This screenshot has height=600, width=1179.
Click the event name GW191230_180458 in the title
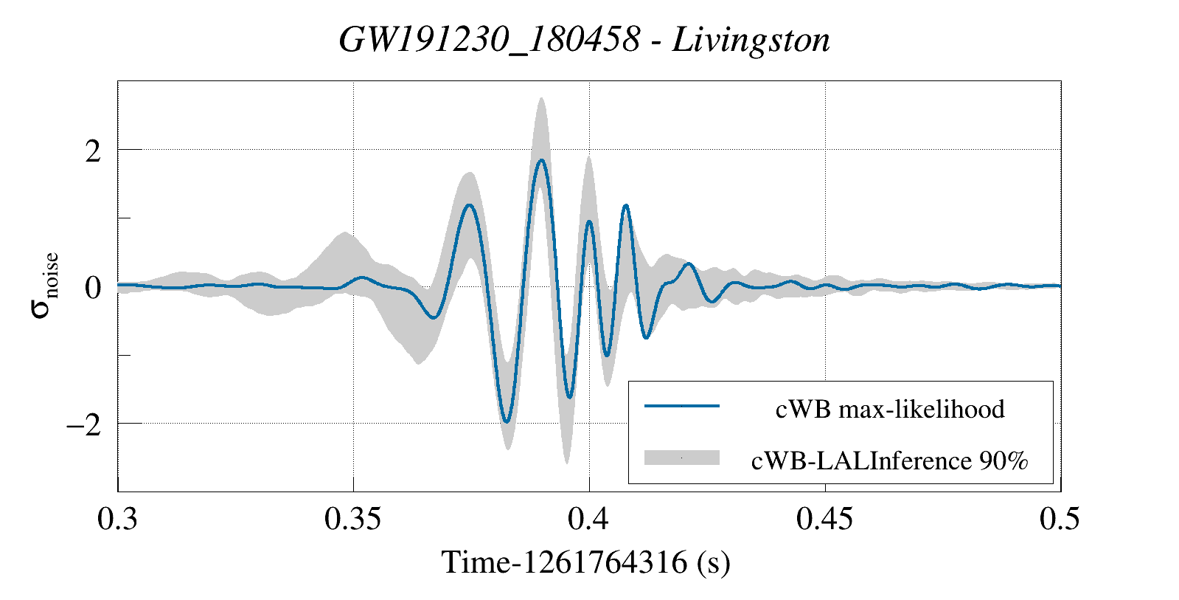click(x=489, y=40)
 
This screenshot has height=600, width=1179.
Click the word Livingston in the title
click(x=751, y=40)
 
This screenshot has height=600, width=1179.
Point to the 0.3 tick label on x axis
click(x=118, y=520)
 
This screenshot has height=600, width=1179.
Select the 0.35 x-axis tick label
click(x=353, y=520)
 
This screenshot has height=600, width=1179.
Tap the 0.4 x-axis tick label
click(x=588, y=520)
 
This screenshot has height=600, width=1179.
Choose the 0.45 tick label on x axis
click(x=824, y=520)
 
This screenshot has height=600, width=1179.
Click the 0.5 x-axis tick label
click(x=1060, y=520)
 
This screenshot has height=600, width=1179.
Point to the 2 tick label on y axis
click(x=92, y=152)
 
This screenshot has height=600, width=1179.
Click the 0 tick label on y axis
click(x=92, y=288)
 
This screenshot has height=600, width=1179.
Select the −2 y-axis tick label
click(x=83, y=426)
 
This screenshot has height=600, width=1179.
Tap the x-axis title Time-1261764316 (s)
click(x=586, y=563)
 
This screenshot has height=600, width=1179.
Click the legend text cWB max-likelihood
click(x=890, y=409)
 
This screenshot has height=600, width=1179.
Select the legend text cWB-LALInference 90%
click(x=890, y=461)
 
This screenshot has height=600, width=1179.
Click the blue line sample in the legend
click(x=681, y=406)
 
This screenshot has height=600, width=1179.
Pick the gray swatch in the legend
click(x=681, y=458)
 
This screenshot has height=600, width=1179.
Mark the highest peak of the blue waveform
click(x=541, y=160)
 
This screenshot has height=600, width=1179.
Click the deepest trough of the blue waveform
click(x=507, y=421)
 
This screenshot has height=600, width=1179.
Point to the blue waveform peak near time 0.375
click(x=469, y=205)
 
